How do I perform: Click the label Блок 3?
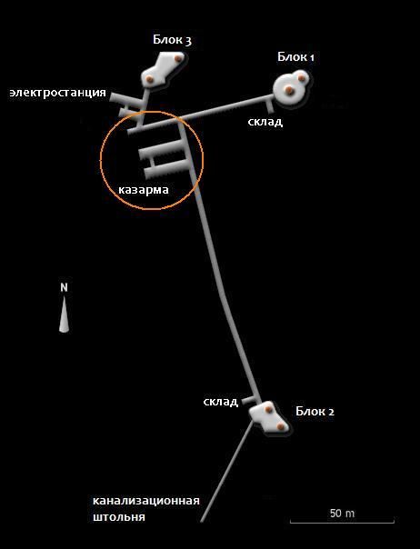172,40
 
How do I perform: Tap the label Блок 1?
295,56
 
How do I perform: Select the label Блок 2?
315,411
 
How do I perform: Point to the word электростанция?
58,93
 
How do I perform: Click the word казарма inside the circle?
144,190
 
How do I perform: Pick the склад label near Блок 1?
265,122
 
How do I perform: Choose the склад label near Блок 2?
221,401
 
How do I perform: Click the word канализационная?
146,501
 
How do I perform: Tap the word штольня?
119,517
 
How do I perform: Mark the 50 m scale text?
342,514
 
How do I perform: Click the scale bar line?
342,522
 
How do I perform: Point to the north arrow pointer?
64,314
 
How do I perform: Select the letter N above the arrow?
64,287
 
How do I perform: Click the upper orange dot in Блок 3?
179,58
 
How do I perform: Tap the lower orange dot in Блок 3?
150,79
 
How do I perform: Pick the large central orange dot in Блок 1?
289,91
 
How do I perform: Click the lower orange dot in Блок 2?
280,426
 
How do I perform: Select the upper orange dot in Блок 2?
268,409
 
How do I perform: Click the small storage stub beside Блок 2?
250,400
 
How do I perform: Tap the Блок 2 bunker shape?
269,417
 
